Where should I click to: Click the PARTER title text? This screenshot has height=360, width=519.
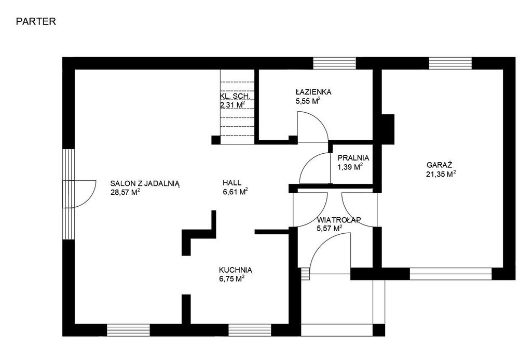point(36,21)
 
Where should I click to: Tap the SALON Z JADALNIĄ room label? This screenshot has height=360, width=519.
point(145,183)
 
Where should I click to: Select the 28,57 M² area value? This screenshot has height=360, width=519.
point(125,192)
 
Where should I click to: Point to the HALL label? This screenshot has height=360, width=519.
point(232,182)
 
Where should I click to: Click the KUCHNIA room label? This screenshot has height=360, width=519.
point(235,270)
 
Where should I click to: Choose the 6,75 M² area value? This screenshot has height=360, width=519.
point(231,278)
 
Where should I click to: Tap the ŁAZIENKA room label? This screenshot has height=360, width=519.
point(313,92)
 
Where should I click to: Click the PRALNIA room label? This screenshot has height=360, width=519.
point(353,158)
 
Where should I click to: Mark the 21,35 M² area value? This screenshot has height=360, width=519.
point(441,174)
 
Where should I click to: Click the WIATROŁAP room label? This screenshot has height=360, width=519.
point(339,220)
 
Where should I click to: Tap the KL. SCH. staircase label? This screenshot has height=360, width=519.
point(236,97)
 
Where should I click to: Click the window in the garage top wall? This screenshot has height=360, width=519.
point(450,63)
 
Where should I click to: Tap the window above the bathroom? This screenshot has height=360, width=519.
point(334,63)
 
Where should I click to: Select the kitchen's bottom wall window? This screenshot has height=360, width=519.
point(250,330)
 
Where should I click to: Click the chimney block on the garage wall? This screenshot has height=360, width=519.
point(388,129)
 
